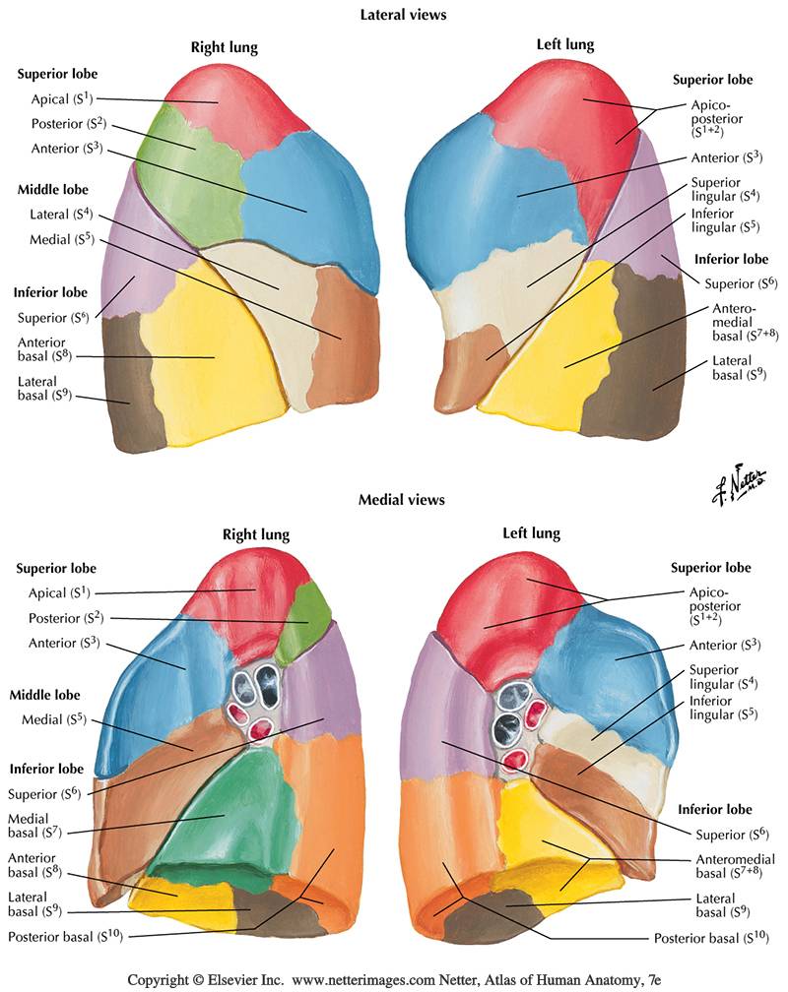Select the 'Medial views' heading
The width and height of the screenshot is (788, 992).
[402, 500]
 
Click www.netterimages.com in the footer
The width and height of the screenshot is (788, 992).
[372, 980]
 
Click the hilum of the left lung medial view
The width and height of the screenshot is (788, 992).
[511, 728]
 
